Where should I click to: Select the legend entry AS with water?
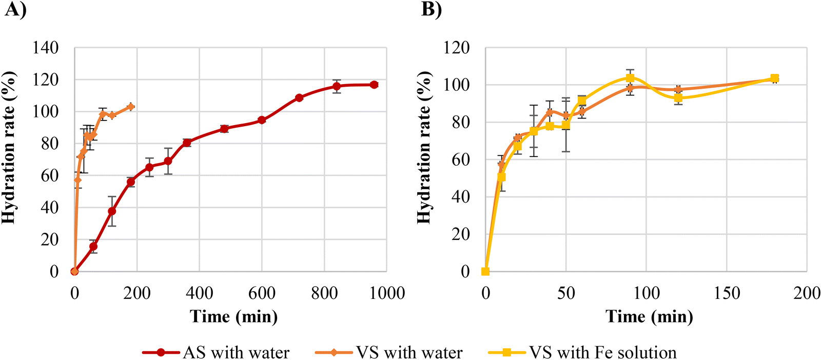click(x=236, y=353)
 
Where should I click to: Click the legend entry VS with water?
click(x=409, y=353)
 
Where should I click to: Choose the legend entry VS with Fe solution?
click(x=602, y=353)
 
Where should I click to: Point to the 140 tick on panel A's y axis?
click(x=46, y=48)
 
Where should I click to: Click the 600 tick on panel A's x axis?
click(x=262, y=293)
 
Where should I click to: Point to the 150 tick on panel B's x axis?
click(x=727, y=293)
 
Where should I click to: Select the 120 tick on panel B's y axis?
click(x=456, y=48)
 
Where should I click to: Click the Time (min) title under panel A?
click(x=234, y=316)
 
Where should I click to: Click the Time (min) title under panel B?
click(x=649, y=316)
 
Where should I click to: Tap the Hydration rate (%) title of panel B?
click(x=423, y=148)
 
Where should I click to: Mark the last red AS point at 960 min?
click(x=374, y=85)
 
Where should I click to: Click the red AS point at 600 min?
click(x=262, y=120)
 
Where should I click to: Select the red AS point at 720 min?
click(x=299, y=97)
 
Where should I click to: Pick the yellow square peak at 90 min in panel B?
click(x=630, y=78)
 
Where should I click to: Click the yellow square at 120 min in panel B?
click(x=678, y=98)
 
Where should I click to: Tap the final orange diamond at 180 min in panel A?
click(x=131, y=107)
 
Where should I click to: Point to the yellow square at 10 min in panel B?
click(x=502, y=177)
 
